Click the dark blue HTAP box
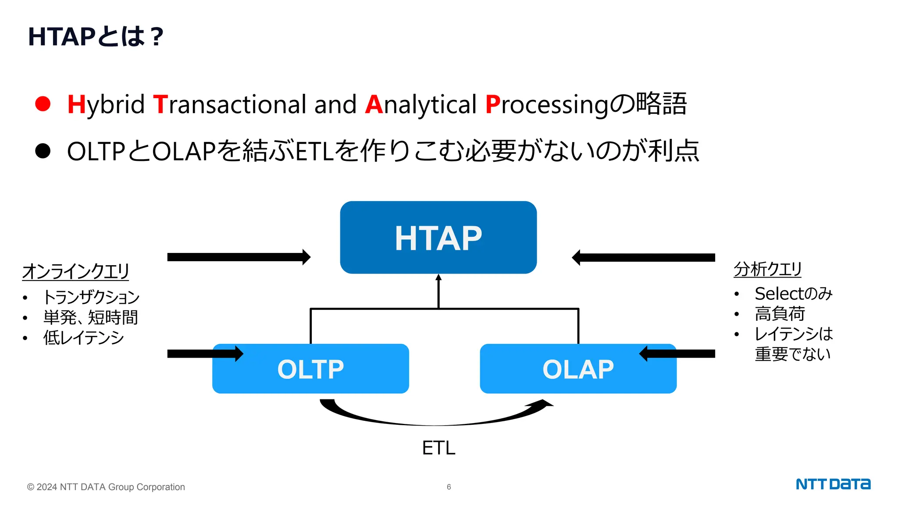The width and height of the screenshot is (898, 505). click(438, 238)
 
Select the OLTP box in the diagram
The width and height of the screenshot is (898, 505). click(310, 369)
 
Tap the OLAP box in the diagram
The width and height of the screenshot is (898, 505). click(578, 369)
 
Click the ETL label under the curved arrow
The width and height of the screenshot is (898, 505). click(438, 448)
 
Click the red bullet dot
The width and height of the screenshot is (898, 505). click(43, 104)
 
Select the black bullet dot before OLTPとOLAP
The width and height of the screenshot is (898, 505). click(43, 151)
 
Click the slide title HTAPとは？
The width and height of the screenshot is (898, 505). click(96, 36)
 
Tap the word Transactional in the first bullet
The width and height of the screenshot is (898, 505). click(230, 105)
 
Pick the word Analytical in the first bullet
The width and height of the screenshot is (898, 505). click(420, 105)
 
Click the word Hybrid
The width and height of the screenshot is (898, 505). click(106, 105)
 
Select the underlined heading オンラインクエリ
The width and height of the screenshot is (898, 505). click(75, 271)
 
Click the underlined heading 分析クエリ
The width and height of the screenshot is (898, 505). click(767, 269)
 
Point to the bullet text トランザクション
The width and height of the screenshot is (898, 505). click(91, 297)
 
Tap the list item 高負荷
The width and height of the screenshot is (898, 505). click(780, 314)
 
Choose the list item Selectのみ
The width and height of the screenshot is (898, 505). click(793, 294)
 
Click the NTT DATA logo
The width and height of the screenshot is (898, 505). click(833, 484)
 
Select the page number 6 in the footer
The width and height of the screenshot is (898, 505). click(449, 487)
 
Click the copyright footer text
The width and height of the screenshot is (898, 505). click(106, 487)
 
